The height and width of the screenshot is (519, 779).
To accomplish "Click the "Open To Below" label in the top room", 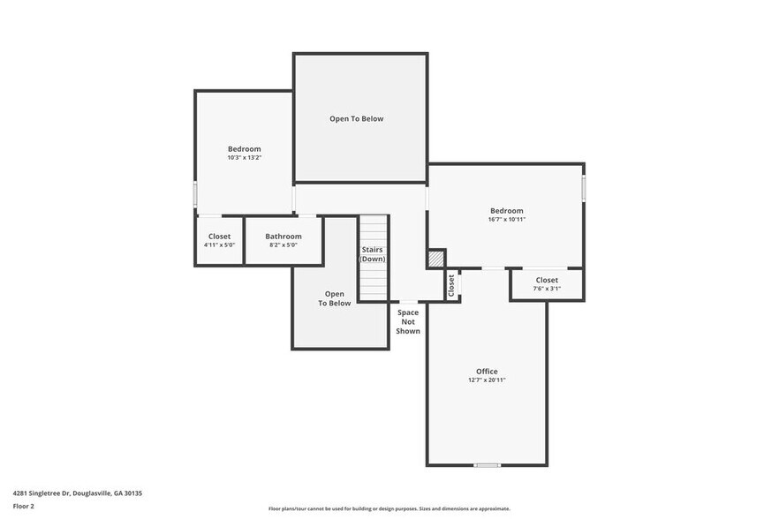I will [x=357, y=118].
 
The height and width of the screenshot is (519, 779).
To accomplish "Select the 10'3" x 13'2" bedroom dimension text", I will [x=245, y=158].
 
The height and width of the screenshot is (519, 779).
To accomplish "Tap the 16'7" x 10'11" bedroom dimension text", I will [x=507, y=220].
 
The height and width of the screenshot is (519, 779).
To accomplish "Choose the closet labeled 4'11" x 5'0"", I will [x=219, y=240].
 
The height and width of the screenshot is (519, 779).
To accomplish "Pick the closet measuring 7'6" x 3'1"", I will [x=547, y=284].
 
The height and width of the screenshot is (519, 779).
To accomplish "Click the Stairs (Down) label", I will [x=373, y=254].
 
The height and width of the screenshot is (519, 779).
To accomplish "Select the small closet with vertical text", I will [x=451, y=284].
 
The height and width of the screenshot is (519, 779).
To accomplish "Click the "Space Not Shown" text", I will [x=408, y=321].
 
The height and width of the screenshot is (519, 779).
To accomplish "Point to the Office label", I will [x=487, y=372].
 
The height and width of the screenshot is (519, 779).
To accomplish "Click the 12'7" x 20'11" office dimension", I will [x=487, y=380].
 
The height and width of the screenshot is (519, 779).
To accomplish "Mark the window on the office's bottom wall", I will [x=487, y=465].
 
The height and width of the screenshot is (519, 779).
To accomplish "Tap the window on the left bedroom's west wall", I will [x=195, y=194].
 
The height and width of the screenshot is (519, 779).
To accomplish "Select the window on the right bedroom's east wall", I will [x=583, y=187].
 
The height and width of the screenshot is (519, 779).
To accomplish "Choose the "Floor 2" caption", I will [x=23, y=507].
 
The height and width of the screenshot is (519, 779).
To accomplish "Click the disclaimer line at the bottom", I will [x=389, y=509].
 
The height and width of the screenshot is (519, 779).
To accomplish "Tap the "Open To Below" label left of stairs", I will [x=335, y=298].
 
